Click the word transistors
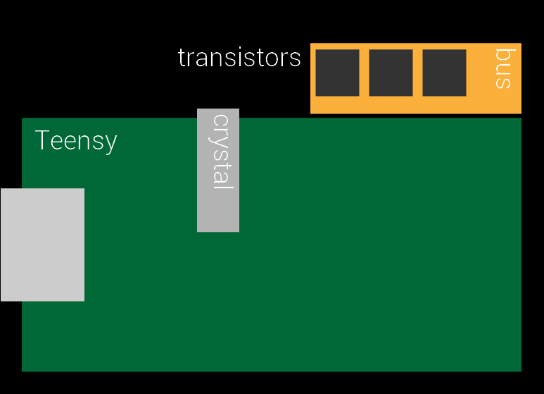(239, 58)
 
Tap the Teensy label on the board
(75, 141)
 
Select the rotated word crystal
(222, 151)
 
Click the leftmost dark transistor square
(337, 73)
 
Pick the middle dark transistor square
(391, 73)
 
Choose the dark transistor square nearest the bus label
(444, 73)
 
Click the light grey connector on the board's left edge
(42, 245)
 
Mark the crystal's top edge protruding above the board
(218, 112)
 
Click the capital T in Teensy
(42, 140)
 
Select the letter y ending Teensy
(110, 144)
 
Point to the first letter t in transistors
(182, 58)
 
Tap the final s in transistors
(296, 59)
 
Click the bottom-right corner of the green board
(519, 369)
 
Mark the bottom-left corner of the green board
(24, 369)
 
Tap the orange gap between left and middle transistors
(364, 73)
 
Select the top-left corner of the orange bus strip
(312, 44)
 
